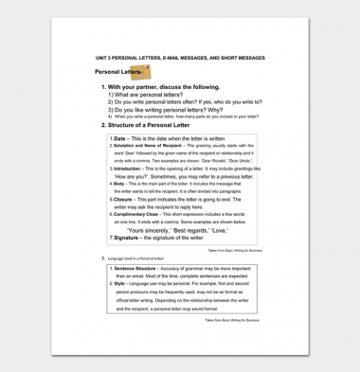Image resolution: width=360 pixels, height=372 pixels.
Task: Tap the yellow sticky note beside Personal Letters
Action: tap(140, 72)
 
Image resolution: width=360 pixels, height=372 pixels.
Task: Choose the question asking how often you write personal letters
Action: tap(185, 102)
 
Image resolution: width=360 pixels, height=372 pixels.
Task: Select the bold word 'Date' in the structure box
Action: tap(119, 138)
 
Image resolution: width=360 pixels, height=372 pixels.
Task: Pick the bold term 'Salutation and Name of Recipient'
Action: tap(148, 145)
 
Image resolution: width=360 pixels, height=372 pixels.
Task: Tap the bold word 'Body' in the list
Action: tap(118, 185)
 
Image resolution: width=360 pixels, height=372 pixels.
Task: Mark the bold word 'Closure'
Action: tap(123, 200)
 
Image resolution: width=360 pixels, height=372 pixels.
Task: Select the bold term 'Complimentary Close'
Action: tap(138, 215)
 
